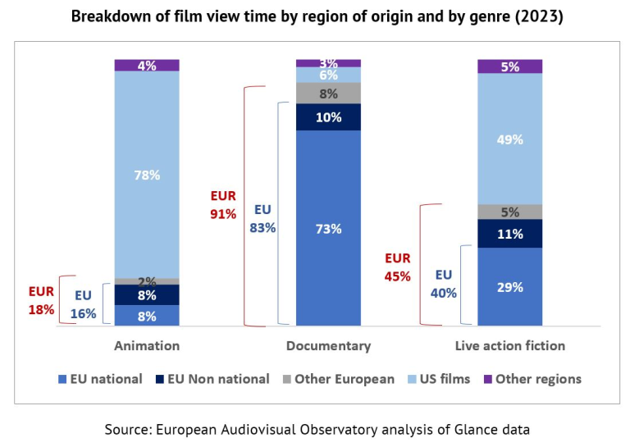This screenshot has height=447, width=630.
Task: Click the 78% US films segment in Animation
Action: pos(147,175)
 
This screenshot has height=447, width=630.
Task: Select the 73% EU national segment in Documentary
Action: pos(328,228)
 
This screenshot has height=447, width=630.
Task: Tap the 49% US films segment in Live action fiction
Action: pos(509,139)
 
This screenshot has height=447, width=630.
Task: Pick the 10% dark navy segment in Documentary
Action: pos(328,116)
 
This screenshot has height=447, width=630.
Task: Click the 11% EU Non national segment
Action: pos(509,234)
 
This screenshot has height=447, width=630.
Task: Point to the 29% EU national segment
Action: pos(509,287)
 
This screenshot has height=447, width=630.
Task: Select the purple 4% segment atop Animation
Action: pos(147,66)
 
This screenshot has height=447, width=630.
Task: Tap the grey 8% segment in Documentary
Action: pos(328,94)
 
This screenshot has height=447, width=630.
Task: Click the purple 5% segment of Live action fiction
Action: pos(509,66)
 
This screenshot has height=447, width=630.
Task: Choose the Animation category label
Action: pos(147,345)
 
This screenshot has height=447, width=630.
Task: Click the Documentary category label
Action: pos(328,345)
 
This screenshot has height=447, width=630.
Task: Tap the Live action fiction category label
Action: pos(509,345)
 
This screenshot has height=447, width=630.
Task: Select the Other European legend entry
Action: pos(338,379)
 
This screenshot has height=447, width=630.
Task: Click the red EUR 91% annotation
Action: pos(223,205)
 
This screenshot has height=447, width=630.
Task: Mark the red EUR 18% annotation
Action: pos(41,300)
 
